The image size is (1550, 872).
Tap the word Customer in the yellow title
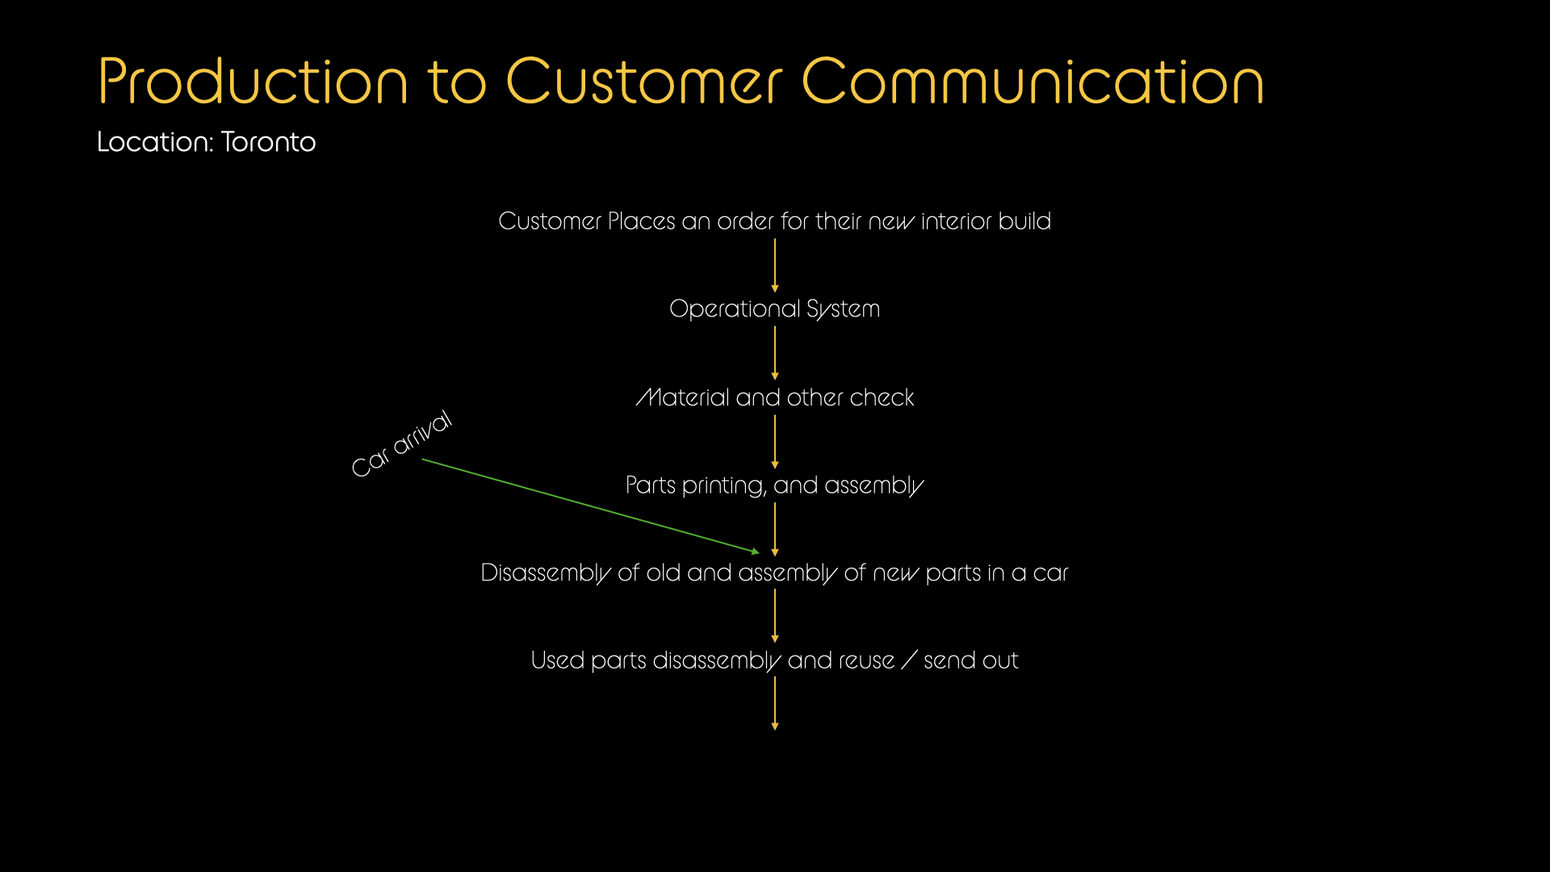point(643,82)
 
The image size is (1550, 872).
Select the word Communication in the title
point(1033,82)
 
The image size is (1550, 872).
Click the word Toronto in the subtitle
point(268,142)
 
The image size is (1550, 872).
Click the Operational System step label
point(774,309)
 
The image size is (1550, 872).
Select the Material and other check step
point(774,397)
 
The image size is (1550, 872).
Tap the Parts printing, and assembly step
point(774,485)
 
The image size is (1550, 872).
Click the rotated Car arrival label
point(401,443)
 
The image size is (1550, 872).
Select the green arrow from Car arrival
point(589,505)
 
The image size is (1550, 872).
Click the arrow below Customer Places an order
point(775,265)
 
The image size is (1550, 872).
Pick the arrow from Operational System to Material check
point(775,353)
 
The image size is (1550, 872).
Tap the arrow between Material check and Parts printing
point(775,441)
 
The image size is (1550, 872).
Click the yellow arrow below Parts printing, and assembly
point(775,529)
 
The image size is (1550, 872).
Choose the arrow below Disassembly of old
point(775,616)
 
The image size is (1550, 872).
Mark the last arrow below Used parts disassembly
point(775,703)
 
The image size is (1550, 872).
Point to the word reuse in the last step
point(866,661)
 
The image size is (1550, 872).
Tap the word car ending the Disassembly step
point(1050,573)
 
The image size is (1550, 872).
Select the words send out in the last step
point(970,661)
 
